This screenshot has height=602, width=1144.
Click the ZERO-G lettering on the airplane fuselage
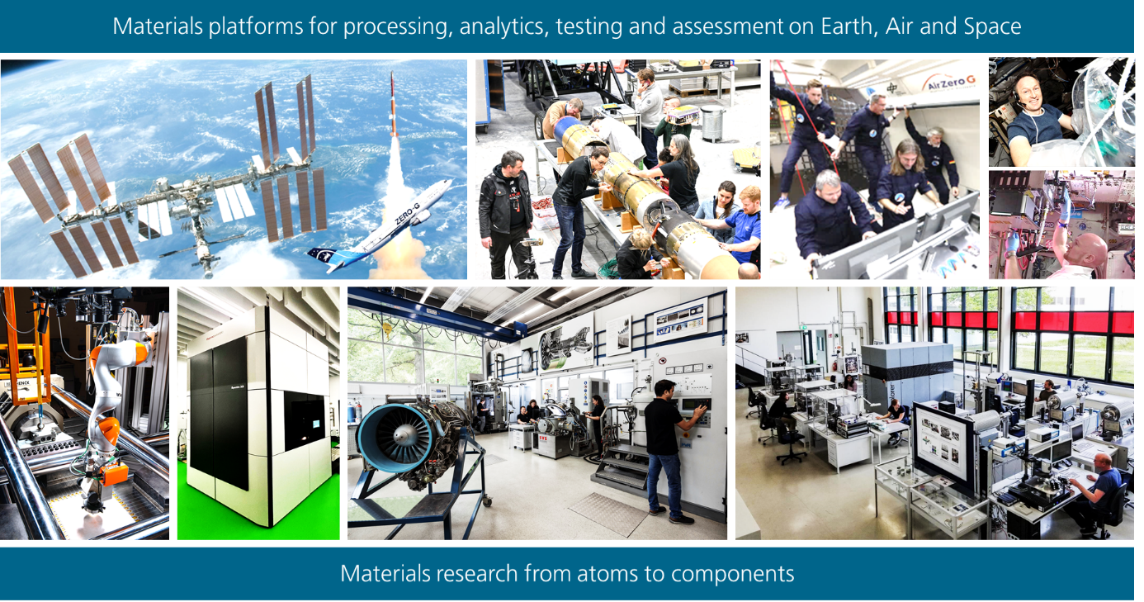[407, 214]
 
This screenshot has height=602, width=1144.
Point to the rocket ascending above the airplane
[393, 105]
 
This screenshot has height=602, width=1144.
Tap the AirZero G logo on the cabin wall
[949, 82]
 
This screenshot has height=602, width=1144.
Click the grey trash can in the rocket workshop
[713, 123]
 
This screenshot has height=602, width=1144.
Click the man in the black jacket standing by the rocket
[506, 215]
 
